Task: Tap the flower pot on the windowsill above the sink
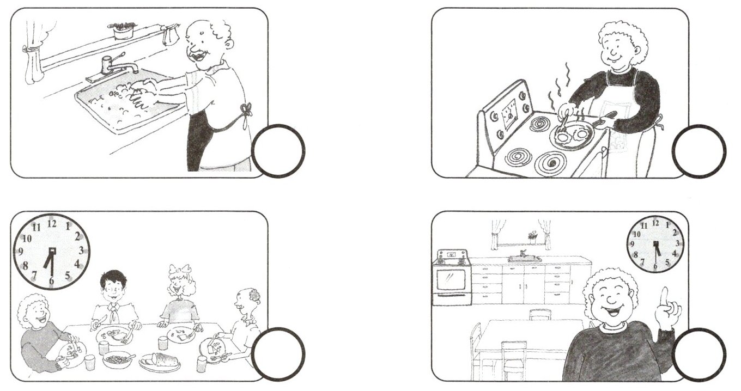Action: [123, 30]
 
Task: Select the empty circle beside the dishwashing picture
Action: [278, 151]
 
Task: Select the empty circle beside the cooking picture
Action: [699, 151]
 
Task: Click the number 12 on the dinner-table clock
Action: [52, 224]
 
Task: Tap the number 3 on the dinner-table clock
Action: [81, 251]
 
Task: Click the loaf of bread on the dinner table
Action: [160, 362]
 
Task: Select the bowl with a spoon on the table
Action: [118, 359]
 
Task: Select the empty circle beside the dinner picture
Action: [278, 354]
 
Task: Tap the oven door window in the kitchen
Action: [451, 280]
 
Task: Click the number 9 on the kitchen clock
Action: [632, 245]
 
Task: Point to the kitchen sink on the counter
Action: [524, 258]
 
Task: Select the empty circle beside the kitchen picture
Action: [699, 355]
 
